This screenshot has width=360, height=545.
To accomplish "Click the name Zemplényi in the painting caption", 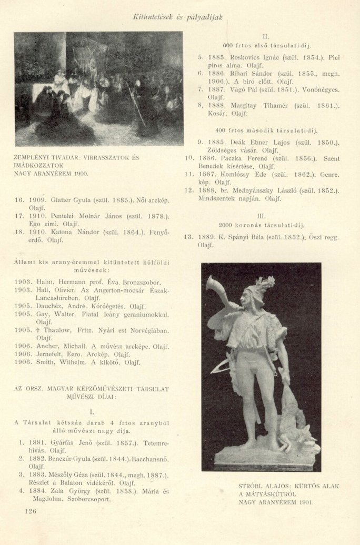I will click(x=32, y=157).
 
